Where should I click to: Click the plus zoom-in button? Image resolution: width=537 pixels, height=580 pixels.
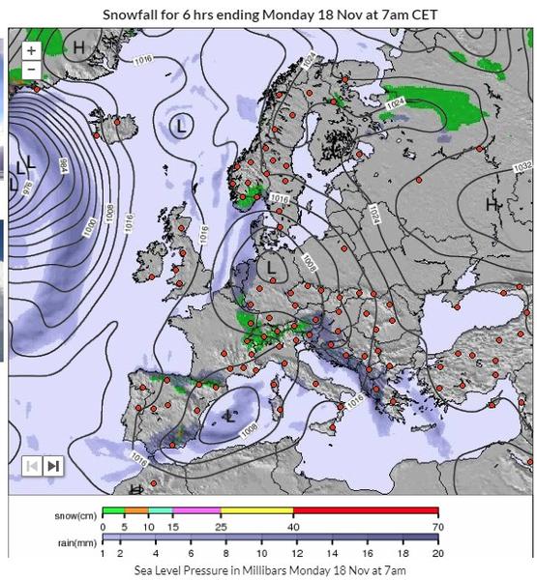[31, 50]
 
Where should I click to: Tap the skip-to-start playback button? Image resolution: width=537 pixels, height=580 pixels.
[32, 466]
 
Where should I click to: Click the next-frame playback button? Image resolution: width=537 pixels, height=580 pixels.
[52, 466]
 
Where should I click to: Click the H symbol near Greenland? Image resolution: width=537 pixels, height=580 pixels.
[79, 46]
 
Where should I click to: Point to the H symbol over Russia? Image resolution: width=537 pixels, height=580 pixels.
[491, 204]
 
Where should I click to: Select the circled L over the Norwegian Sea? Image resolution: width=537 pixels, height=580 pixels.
[181, 125]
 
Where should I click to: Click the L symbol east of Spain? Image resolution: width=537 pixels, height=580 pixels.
[228, 415]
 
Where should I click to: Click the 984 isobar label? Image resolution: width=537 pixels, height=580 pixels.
[64, 165]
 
